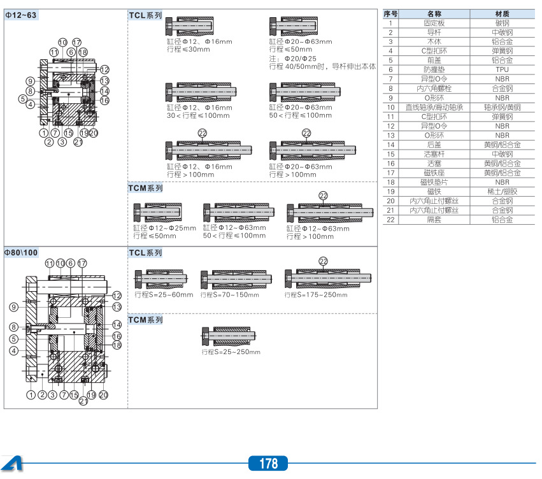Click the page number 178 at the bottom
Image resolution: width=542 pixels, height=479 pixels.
tap(269, 464)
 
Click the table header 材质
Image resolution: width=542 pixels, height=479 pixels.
tap(502, 13)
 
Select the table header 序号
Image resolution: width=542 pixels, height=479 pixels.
tap(391, 13)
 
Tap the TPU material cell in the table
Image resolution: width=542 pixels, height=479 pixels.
tap(502, 69)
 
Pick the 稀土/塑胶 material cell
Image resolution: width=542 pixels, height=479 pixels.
tap(502, 191)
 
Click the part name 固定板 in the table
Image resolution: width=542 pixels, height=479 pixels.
tap(434, 22)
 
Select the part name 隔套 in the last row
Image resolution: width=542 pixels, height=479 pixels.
tap(434, 219)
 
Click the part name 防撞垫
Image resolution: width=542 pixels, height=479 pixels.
tap(434, 69)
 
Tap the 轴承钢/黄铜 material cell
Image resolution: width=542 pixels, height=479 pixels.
tap(502, 107)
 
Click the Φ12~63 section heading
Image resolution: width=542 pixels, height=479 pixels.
tap(22, 15)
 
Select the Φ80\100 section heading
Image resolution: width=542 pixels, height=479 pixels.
tap(22, 252)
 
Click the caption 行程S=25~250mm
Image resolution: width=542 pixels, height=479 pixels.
tap(231, 352)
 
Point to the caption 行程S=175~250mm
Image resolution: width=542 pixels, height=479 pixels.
tap(316, 295)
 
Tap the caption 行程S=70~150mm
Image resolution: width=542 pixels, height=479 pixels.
tap(229, 295)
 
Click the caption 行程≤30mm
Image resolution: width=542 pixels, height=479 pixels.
tap(189, 49)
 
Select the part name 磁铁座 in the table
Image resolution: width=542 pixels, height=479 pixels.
tap(434, 173)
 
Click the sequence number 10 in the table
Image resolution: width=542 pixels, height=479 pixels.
tap(391, 107)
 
